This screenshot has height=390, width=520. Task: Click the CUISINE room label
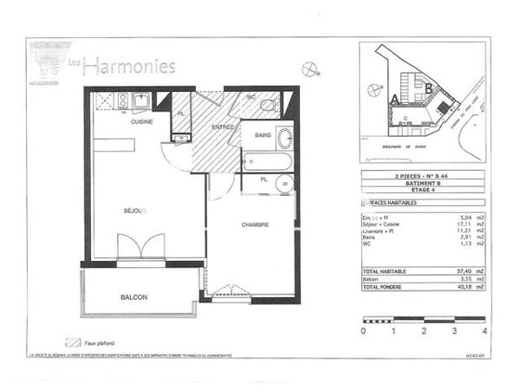click(x=142, y=122)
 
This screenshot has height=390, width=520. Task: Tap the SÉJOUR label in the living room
click(x=134, y=211)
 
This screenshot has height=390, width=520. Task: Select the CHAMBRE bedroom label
click(x=253, y=224)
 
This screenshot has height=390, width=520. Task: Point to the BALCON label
click(x=133, y=297)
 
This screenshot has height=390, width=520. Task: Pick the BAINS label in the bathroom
click(x=264, y=135)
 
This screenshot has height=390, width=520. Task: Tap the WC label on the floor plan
click(x=250, y=97)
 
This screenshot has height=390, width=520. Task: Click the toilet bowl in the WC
click(x=268, y=106)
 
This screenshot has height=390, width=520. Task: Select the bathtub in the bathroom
click(x=267, y=161)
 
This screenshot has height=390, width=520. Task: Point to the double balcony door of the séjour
click(x=140, y=246)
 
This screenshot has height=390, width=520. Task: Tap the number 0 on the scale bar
click(x=363, y=331)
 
